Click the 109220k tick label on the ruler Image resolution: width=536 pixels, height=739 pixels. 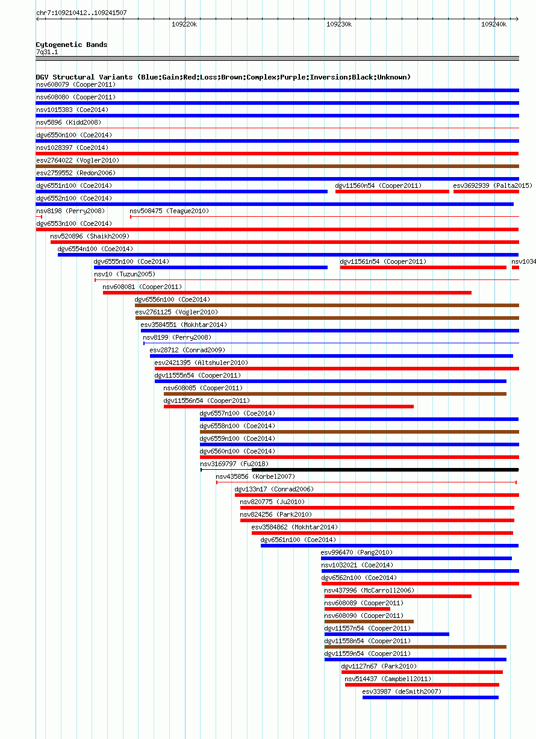tap(184, 24)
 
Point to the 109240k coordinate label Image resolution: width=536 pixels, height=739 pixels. tap(494, 24)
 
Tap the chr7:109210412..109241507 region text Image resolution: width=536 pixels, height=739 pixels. tap(81, 13)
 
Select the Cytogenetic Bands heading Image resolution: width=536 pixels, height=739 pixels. tap(72, 45)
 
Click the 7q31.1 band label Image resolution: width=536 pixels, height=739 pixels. tap(47, 52)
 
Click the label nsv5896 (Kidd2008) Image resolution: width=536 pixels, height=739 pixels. tap(69, 122)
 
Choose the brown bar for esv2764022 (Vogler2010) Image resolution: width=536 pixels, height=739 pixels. tap(278, 166)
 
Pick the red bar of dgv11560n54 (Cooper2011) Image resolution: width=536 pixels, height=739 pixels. tap(392, 192)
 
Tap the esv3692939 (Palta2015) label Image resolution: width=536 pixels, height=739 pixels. tap(493, 186)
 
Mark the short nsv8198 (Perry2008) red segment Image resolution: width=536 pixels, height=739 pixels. tap(39, 217)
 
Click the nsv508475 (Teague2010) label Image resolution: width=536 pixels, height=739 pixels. tap(169, 211)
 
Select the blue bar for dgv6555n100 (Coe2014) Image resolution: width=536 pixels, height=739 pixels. tap(211, 267)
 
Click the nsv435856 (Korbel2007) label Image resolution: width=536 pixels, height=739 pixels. tap(255, 476)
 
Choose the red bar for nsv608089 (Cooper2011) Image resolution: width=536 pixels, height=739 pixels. tap(357, 609)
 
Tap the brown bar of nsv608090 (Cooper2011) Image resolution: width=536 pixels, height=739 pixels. tap(369, 622)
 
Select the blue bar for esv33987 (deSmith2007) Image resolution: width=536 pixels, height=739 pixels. tap(431, 697)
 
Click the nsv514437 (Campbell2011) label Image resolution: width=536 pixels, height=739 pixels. tap(388, 679)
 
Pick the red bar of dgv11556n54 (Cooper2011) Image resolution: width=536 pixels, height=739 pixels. tap(288, 407)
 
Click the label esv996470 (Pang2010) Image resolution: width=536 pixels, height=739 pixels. tap(357, 552)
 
